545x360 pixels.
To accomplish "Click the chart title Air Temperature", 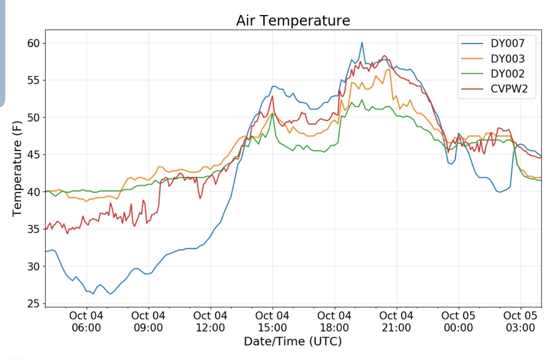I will point(293,20).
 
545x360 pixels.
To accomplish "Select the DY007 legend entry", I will point(507,43).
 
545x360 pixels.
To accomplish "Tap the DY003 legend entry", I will point(507,59).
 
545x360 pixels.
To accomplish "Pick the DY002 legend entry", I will point(507,74).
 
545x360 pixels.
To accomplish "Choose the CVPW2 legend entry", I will point(509,89).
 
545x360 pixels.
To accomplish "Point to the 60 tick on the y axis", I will point(33,43).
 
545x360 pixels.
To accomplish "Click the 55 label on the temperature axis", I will point(33,80).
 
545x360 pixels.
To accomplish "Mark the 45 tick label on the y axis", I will point(33,155).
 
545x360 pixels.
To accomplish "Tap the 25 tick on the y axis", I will point(33,304).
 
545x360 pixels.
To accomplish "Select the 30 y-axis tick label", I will point(33,267).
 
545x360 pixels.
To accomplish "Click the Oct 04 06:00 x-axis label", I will point(86,321).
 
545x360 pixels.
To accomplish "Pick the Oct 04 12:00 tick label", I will point(210,321).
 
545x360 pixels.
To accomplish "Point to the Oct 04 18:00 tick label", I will point(334,321).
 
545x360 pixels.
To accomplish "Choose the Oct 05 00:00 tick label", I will point(458,321).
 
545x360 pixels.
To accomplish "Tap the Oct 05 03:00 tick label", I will point(520,321).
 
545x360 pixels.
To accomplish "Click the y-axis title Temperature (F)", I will point(17,169).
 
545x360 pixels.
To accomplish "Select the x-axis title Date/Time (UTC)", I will point(293,341).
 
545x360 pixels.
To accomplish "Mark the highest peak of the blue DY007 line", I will point(362,42).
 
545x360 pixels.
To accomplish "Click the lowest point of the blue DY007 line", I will point(93,294).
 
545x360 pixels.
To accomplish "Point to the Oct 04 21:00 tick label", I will point(396,321).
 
